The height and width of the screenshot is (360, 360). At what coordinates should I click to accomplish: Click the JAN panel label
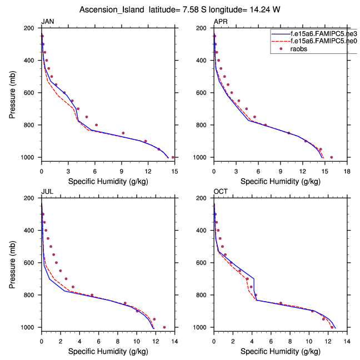pyautogui.click(x=47, y=22)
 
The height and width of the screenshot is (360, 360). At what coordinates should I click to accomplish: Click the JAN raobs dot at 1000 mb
pyautogui.click(x=173, y=157)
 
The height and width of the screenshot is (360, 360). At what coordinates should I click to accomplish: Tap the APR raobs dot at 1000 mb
pyautogui.click(x=331, y=157)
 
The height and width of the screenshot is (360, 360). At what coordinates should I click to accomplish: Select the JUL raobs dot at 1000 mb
pyautogui.click(x=164, y=327)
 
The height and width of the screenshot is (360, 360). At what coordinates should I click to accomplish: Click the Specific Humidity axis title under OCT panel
pyautogui.click(x=280, y=351)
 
